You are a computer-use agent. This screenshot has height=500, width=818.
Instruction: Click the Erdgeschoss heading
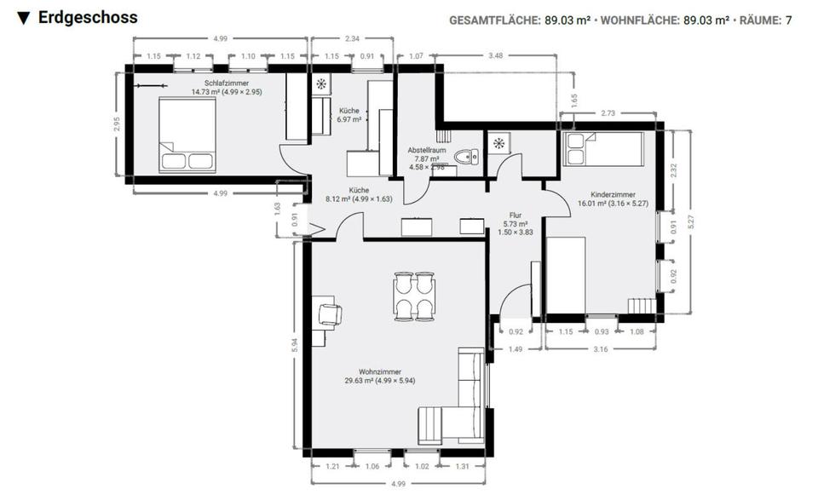click(x=88, y=17)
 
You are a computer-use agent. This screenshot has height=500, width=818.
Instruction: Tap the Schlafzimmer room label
click(x=227, y=83)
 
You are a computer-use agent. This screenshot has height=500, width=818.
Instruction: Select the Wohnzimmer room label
click(x=380, y=371)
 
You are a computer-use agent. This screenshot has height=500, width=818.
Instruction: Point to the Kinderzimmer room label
click(x=613, y=194)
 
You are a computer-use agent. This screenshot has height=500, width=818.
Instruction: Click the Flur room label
click(x=516, y=215)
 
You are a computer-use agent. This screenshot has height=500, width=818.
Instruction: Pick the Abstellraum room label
click(x=427, y=150)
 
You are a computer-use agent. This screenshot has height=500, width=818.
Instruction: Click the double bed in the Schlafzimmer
click(x=187, y=135)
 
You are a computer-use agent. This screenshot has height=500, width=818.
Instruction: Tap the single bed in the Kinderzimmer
click(x=603, y=149)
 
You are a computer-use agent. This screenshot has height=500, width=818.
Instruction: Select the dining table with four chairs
click(x=414, y=296)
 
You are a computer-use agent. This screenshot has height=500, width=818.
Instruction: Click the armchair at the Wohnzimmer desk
click(x=330, y=315)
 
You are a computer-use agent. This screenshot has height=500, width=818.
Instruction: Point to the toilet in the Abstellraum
click(x=466, y=157)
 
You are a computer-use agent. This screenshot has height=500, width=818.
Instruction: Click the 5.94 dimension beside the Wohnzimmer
click(x=294, y=345)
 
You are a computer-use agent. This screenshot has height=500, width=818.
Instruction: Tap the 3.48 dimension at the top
click(x=495, y=55)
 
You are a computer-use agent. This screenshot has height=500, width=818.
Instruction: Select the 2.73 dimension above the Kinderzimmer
click(x=608, y=112)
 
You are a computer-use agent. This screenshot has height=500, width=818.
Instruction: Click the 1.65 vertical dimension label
click(x=574, y=101)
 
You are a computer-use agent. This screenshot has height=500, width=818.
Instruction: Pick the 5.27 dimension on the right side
click(x=691, y=222)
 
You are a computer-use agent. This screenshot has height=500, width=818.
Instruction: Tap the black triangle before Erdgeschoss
click(x=24, y=18)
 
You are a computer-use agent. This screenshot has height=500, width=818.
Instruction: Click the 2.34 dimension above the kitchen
click(x=352, y=38)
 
